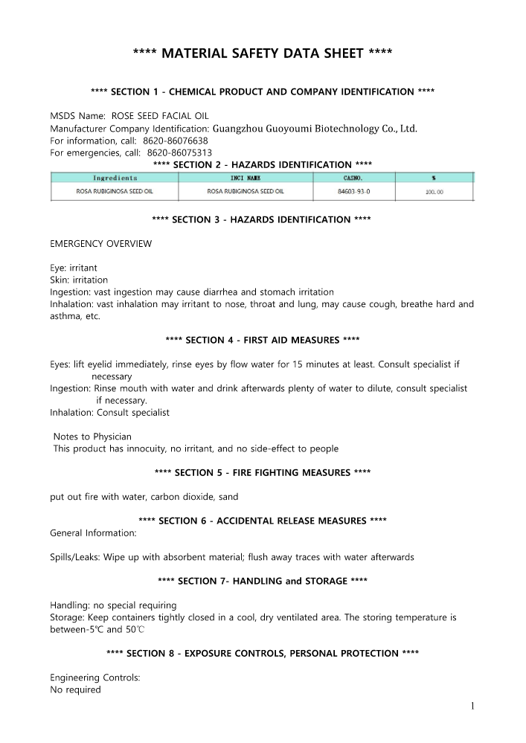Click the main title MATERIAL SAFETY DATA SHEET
262,53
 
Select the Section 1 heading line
262,91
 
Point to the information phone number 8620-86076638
175,141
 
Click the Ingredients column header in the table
115,178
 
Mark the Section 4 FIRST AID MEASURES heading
262,340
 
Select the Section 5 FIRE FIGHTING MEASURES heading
262,472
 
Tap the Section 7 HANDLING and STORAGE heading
262,580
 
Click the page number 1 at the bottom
472,706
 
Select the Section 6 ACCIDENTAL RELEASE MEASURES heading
262,521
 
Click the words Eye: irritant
73,268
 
